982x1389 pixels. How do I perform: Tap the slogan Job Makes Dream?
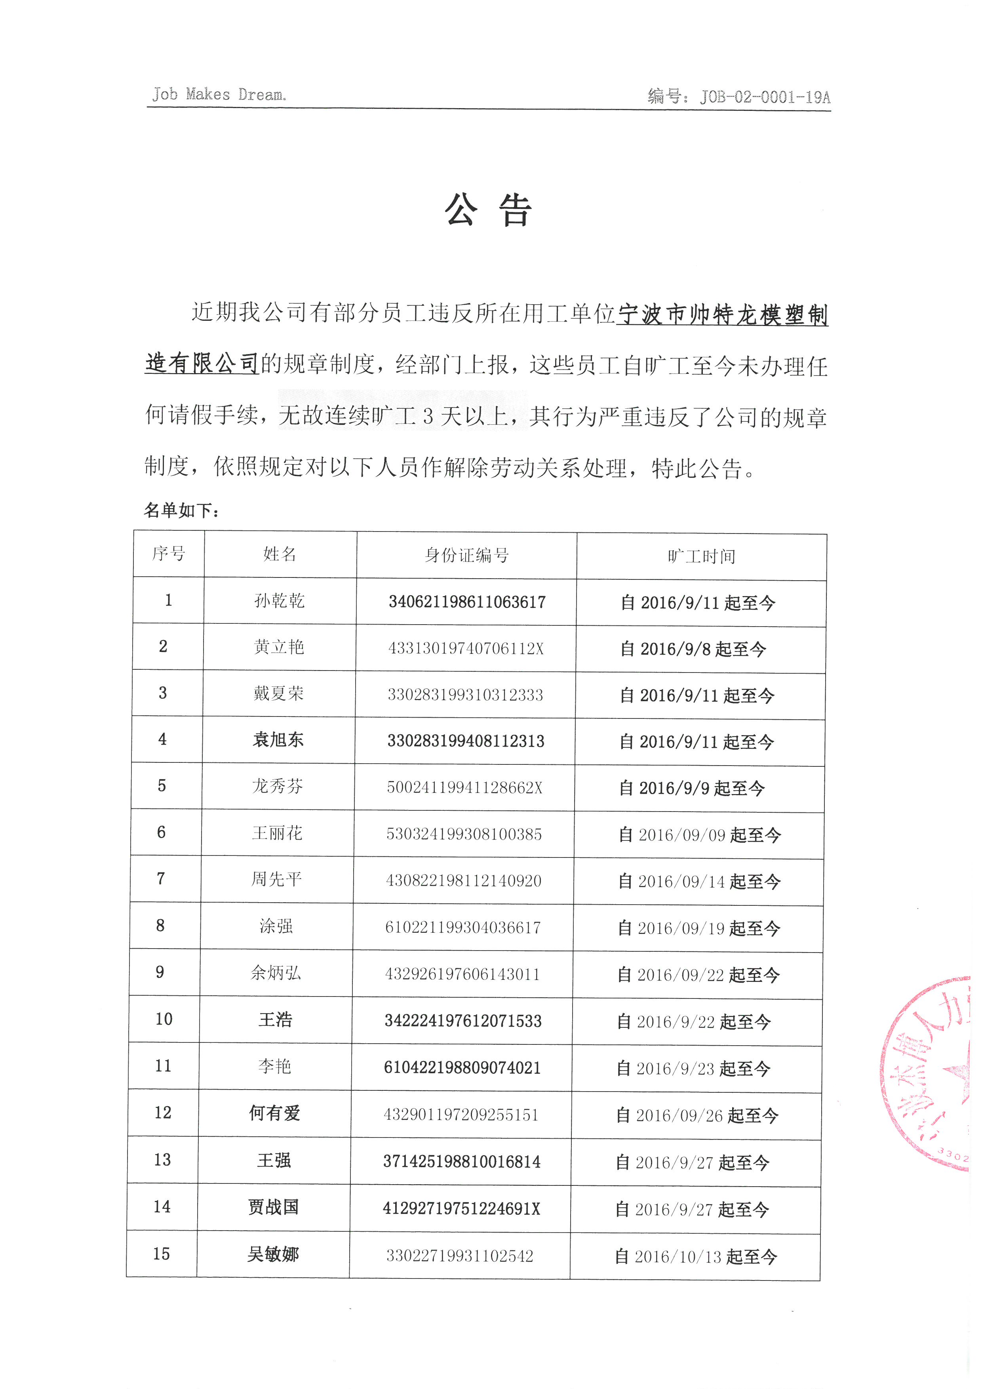[219, 94]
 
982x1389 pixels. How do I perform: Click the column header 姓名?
[280, 554]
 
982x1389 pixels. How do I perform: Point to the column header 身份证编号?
[466, 555]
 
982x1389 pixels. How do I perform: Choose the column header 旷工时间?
[701, 556]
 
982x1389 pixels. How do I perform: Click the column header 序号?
[169, 553]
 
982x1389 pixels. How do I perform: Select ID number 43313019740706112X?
[466, 648]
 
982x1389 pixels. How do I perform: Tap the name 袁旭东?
[278, 739]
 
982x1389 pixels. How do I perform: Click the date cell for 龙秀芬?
[692, 788]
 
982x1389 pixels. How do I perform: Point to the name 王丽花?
[277, 833]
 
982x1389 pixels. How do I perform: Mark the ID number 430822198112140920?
[463, 880]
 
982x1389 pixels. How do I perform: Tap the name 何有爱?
[274, 1113]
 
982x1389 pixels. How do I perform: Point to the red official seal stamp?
[931, 1074]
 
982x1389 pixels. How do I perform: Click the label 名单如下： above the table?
[181, 511]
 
